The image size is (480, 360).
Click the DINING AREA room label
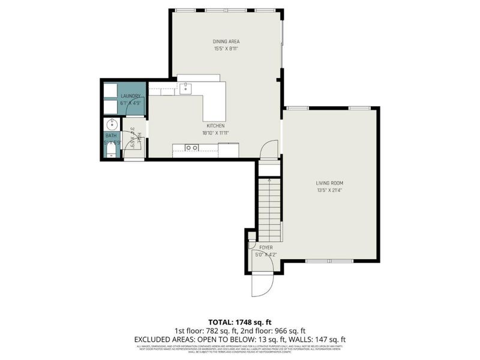226,41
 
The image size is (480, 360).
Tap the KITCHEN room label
216,126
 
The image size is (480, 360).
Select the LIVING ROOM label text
330,183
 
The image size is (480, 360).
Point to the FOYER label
266,247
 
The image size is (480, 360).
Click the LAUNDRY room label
131,96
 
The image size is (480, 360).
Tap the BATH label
112,136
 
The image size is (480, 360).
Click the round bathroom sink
111,125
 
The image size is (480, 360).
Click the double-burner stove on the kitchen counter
192,148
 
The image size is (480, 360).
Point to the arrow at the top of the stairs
269,178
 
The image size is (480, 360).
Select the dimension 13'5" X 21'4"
330,190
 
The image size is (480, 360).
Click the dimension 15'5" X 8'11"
226,49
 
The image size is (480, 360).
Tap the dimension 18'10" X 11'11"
216,133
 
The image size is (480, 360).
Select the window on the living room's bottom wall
329,261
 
